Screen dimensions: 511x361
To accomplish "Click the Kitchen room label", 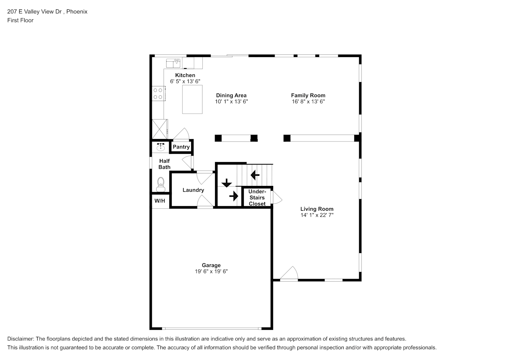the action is click(x=185, y=75).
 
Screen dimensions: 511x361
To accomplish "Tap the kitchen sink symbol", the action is click(x=173, y=63).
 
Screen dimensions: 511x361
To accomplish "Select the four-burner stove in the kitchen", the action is click(x=159, y=93).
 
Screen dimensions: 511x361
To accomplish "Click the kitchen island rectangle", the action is click(x=192, y=99).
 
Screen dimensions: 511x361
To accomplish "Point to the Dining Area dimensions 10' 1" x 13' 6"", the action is click(x=231, y=102).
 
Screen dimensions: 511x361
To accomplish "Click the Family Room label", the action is click(x=308, y=96).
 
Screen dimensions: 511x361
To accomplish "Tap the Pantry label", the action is click(x=181, y=147).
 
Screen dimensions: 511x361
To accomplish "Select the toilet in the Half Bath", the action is click(x=161, y=184).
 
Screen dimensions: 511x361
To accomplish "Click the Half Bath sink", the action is click(x=160, y=147).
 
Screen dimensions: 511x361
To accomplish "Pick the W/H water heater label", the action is click(x=160, y=201).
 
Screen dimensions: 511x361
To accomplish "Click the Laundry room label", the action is click(x=193, y=190).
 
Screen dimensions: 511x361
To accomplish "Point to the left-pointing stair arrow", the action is click(x=255, y=175).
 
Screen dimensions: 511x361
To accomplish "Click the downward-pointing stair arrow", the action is click(x=227, y=183).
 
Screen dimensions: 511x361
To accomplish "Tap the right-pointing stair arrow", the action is click(x=234, y=196).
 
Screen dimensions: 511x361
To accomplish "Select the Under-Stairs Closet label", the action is click(x=257, y=197).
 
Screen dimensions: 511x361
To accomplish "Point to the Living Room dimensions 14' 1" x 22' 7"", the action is click(x=317, y=215).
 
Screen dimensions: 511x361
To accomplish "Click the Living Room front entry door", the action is click(x=289, y=273).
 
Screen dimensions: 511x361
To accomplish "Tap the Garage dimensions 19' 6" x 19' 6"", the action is click(x=211, y=271).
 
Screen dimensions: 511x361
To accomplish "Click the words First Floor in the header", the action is click(x=20, y=20).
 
